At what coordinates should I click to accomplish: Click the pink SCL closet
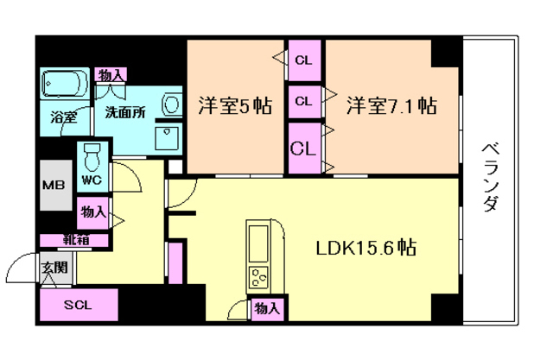(77, 305)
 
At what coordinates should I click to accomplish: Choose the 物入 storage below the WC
(94, 211)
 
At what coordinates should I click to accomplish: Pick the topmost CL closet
(303, 60)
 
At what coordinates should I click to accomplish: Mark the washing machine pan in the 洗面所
(166, 136)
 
